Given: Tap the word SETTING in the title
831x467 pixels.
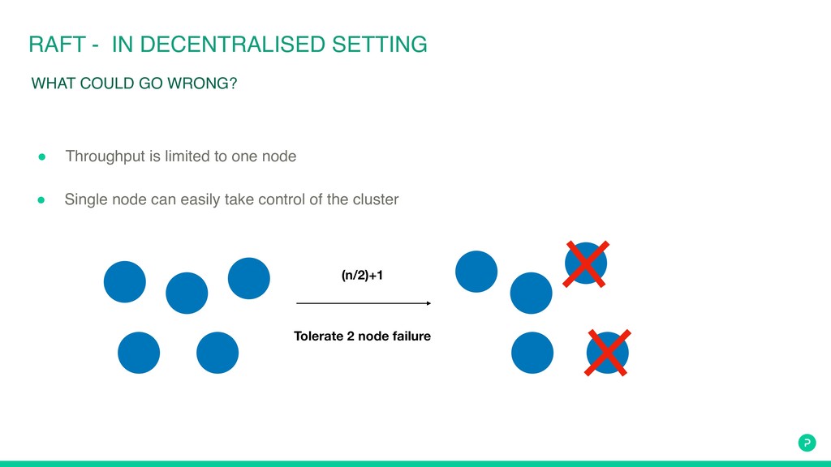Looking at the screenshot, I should coord(380,45).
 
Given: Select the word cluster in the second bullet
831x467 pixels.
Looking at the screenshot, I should coord(375,199).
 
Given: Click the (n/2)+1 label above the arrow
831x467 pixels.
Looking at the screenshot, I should coord(362,276).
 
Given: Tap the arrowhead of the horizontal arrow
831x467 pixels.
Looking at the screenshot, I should coord(427,303).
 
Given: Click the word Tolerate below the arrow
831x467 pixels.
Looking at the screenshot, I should coord(317,336).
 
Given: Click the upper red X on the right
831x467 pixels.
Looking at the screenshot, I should coord(586,263).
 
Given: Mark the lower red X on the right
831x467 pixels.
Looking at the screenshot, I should coord(608,353).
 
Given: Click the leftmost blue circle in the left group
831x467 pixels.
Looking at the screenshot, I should coord(125,282).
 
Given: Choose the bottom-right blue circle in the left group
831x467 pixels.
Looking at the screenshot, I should coord(217,353).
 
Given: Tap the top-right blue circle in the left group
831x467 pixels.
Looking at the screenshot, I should coord(249,278).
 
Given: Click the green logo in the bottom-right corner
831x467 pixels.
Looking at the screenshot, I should coord(806,442).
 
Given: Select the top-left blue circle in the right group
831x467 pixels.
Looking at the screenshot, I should coord(476,272).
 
